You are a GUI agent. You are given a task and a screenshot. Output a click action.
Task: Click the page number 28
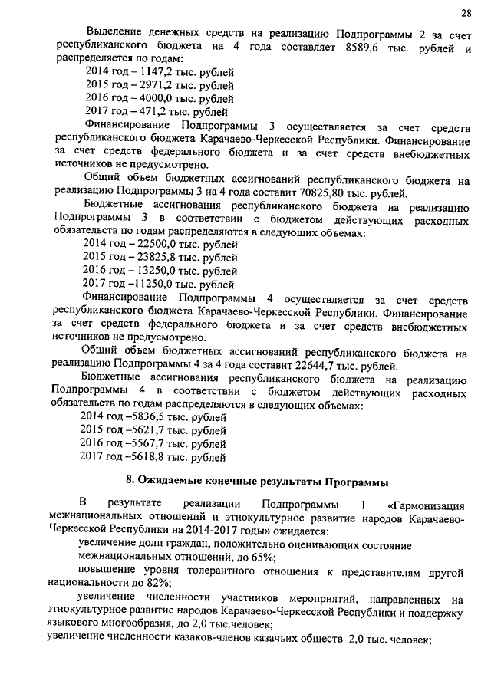coord(465,13)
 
